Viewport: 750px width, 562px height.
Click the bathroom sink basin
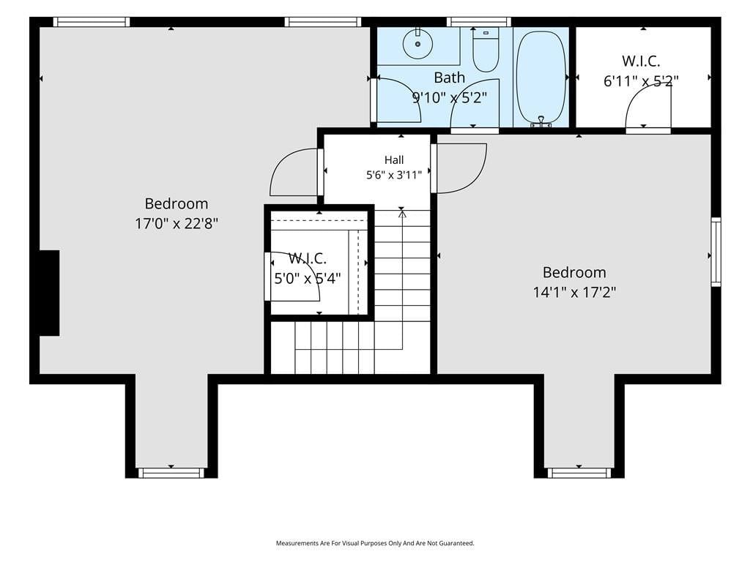[417, 43]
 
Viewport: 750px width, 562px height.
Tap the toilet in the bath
[486, 50]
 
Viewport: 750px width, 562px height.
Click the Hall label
[394, 160]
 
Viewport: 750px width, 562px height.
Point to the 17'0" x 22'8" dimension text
[177, 223]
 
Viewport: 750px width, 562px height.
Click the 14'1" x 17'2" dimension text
[574, 292]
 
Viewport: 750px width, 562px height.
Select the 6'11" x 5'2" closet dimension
[641, 81]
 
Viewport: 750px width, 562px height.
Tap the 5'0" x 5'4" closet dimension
[308, 278]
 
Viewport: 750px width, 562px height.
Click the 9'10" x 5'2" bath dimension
[450, 98]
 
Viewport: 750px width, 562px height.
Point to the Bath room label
[449, 78]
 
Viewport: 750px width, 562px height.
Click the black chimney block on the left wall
[49, 293]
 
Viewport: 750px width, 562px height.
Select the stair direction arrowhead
[402, 214]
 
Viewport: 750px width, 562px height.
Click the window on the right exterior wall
[716, 252]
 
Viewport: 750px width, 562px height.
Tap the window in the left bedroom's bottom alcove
[171, 473]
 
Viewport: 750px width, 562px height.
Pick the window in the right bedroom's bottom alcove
[579, 473]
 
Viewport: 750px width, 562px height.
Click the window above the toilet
[479, 22]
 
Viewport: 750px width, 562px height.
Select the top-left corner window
[92, 22]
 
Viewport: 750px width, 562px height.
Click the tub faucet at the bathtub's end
[541, 122]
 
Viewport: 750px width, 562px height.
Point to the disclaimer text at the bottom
[375, 544]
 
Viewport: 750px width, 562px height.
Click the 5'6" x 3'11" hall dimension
[394, 175]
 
